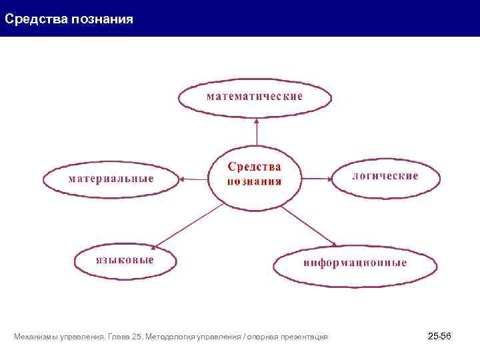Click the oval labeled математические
pos(255,97)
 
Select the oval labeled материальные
pos(111,179)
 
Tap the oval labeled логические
pos(385,177)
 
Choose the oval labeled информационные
pos(355,264)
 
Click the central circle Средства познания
pos(255,175)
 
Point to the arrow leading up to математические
pos(257,131)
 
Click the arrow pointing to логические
pos(317,179)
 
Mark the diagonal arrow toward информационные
pos(308,226)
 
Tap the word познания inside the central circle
pos(254,181)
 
